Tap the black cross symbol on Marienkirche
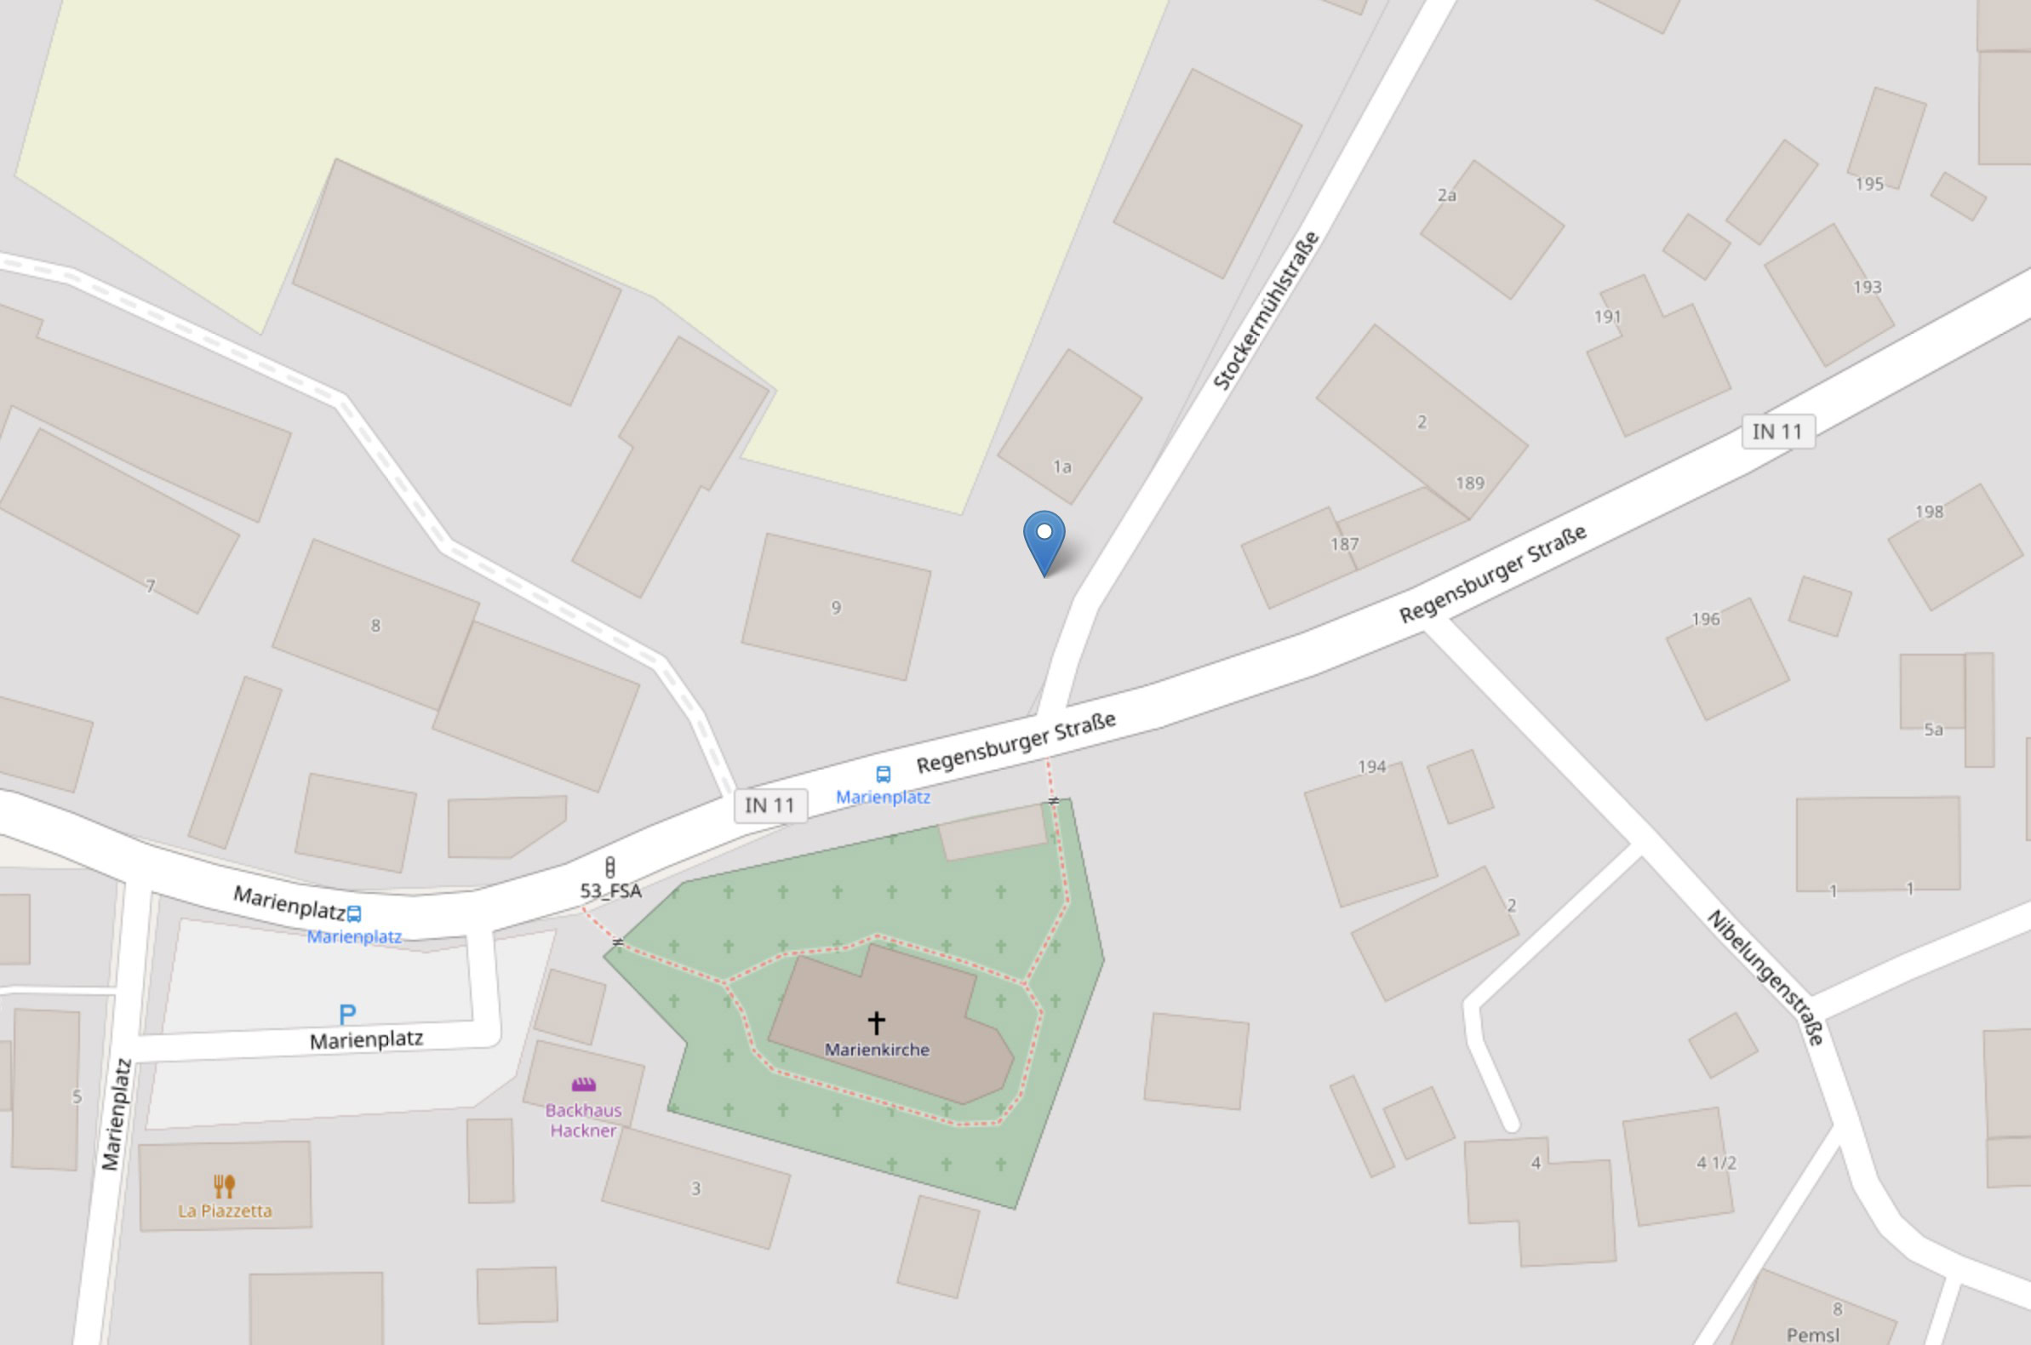(876, 1022)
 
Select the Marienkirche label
(877, 1049)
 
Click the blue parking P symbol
(347, 1015)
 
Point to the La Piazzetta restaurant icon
(224, 1186)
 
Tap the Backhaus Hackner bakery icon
(583, 1085)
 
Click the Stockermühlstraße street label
(1266, 311)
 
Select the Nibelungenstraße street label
(1766, 978)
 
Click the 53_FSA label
(610, 890)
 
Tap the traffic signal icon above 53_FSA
(609, 867)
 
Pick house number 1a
(1061, 466)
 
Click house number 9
(835, 607)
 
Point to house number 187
(1344, 544)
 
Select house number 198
(1929, 512)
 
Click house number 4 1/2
(1715, 1162)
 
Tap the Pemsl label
(1812, 1335)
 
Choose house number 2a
(1447, 195)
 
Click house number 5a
(1933, 730)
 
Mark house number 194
(1371, 766)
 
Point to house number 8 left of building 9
(375, 626)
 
